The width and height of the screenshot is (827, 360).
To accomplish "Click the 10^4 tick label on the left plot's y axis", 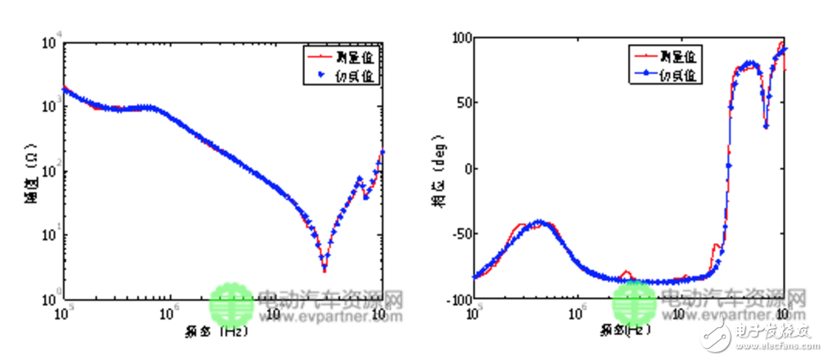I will [50, 39].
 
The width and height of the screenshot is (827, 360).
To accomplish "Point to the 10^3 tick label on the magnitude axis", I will [50, 104].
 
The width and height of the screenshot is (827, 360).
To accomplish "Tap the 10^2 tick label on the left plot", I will [50, 170].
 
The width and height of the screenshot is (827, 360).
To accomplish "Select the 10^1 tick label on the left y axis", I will [50, 234].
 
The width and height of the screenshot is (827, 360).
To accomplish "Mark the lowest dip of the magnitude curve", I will [324, 269].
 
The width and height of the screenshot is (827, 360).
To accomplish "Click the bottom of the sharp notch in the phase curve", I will [766, 126].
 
